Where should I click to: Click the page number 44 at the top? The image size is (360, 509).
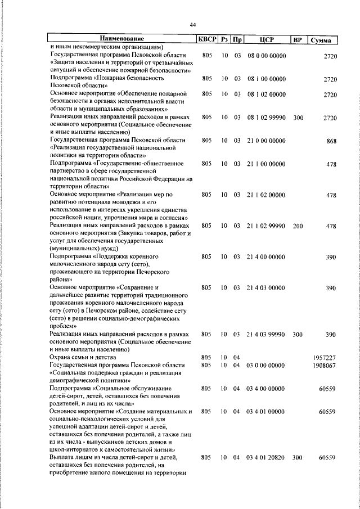192,25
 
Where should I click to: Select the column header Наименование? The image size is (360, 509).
123,39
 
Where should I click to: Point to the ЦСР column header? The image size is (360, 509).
267,39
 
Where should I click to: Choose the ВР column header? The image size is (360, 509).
298,39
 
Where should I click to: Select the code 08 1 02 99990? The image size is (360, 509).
267,118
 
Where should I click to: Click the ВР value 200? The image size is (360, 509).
298,226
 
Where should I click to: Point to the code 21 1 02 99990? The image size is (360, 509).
267,226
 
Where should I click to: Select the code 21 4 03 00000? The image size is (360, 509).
267,287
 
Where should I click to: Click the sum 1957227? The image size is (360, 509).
325,357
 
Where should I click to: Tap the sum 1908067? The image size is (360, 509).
325,365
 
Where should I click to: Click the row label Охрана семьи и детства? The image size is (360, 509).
83,357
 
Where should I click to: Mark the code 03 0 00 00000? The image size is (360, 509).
267,365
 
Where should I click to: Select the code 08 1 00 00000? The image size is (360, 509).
267,79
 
